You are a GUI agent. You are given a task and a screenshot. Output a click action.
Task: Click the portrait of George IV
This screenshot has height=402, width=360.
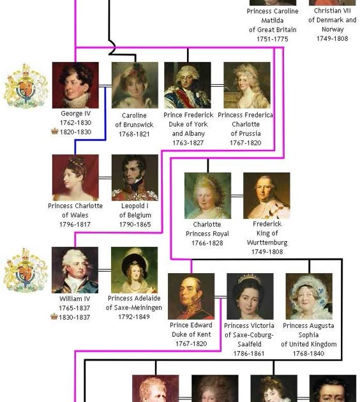75,85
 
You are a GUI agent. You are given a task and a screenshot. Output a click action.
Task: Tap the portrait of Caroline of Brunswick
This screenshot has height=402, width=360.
135,85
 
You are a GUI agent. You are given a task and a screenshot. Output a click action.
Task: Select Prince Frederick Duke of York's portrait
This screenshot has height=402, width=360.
188,85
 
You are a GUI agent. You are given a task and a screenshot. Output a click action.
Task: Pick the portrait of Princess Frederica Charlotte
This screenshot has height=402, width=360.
247,85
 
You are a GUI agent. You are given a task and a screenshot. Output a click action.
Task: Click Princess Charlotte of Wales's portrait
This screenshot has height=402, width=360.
75,177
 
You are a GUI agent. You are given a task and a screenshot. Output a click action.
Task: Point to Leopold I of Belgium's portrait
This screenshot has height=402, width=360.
135,177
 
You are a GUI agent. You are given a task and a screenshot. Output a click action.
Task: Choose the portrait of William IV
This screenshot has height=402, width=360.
75,270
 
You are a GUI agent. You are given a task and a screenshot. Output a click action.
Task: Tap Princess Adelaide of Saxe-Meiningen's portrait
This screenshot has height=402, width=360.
134,270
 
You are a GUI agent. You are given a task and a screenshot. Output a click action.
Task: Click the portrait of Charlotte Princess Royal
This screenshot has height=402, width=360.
207,196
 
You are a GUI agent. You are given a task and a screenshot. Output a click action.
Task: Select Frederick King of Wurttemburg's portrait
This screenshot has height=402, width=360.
267,196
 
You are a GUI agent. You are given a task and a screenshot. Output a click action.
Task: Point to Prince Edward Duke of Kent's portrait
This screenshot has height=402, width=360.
191,296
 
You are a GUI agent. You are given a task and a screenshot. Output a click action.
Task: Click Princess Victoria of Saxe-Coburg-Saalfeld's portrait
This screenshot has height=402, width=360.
250,296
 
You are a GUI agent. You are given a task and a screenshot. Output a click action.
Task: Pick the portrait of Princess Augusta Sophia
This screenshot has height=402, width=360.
309,296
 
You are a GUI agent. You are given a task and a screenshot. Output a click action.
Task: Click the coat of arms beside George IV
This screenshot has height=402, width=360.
26,86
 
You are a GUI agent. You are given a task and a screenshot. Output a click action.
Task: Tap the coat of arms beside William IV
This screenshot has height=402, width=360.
26,270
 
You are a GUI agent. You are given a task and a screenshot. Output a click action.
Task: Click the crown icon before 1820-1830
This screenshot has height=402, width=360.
55,131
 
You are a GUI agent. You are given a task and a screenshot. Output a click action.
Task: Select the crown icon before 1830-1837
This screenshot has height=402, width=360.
54,316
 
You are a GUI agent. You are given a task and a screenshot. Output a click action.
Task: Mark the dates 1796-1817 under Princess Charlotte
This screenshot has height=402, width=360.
75,225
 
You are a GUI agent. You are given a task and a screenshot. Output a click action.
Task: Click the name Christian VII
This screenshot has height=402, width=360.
333,11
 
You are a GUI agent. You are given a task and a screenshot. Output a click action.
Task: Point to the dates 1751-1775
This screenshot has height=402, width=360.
273,39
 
